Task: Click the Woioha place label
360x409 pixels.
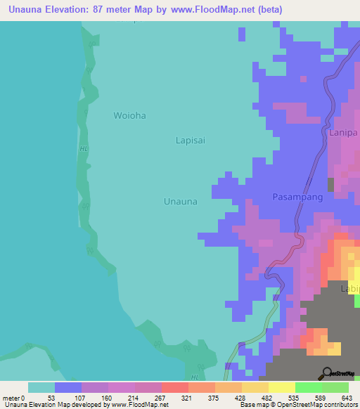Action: pyautogui.click(x=129, y=115)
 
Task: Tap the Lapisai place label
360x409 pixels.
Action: pyautogui.click(x=190, y=140)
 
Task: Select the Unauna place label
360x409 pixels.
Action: pyautogui.click(x=180, y=201)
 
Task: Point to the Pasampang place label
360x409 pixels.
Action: pyautogui.click(x=297, y=197)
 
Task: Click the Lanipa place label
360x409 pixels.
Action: pyautogui.click(x=344, y=131)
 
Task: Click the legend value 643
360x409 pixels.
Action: pyautogui.click(x=347, y=397)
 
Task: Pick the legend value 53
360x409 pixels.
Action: pyautogui.click(x=51, y=397)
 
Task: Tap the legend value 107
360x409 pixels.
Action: pyautogui.click(x=79, y=397)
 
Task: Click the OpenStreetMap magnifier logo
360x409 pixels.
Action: pyautogui.click(x=328, y=372)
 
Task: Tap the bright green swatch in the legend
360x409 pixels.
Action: pyautogui.click(x=308, y=387)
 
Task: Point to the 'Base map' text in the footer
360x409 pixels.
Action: pyautogui.click(x=255, y=405)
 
